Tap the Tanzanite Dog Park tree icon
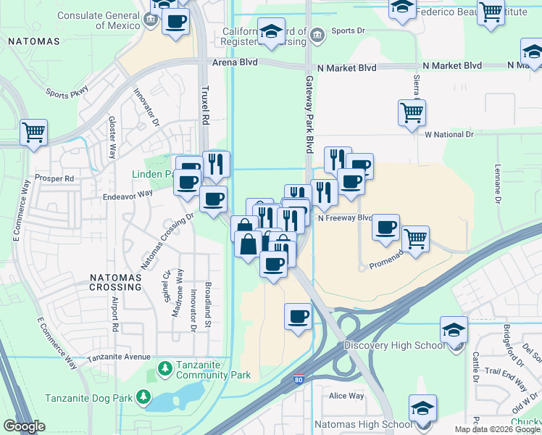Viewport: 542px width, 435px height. [144, 397]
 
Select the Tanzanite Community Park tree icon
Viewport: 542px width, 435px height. [166, 368]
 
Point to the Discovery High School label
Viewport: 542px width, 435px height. [393, 345]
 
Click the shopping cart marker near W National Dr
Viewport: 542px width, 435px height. [412, 113]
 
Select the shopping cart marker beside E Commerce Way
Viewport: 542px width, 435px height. [33, 133]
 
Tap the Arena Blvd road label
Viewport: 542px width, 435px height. [235, 63]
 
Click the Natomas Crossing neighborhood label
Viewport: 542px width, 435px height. [120, 282]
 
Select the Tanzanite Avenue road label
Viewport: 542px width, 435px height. [119, 357]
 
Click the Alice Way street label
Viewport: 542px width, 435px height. [346, 396]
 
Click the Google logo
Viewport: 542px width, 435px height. [25, 426]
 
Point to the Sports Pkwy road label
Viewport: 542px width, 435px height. [67, 92]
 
